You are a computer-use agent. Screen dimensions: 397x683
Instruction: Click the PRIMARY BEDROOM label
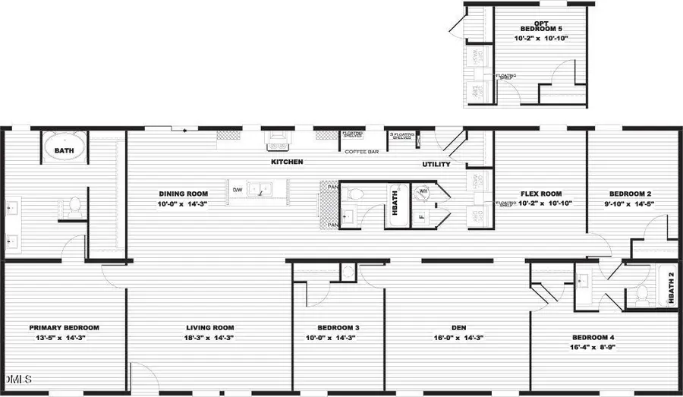click(x=65, y=328)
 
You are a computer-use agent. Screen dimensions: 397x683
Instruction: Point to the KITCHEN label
click(x=288, y=162)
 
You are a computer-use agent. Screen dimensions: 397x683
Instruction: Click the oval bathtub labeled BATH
click(x=65, y=149)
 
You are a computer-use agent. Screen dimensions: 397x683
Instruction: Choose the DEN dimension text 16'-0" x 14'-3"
click(x=458, y=337)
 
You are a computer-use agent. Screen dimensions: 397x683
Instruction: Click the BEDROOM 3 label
click(x=332, y=328)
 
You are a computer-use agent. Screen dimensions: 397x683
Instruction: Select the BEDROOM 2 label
click(x=628, y=194)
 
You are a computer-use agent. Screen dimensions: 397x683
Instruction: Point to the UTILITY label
click(x=436, y=164)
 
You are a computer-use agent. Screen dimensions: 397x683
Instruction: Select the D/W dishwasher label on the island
click(x=237, y=190)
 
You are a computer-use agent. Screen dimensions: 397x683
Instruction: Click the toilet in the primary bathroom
click(x=74, y=205)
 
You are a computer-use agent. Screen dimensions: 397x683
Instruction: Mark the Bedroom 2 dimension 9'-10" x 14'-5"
click(x=627, y=203)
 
